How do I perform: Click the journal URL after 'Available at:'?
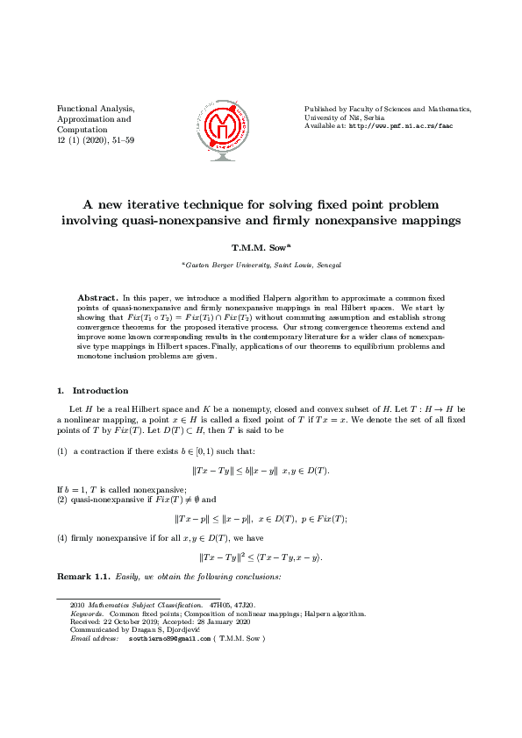click(401, 126)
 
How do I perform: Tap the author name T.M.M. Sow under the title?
click(258, 248)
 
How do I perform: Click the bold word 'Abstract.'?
click(97, 298)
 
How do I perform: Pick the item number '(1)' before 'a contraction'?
click(62, 451)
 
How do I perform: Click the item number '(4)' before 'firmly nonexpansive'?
click(62, 536)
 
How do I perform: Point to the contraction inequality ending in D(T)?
click(261, 471)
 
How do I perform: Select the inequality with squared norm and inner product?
click(261, 557)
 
